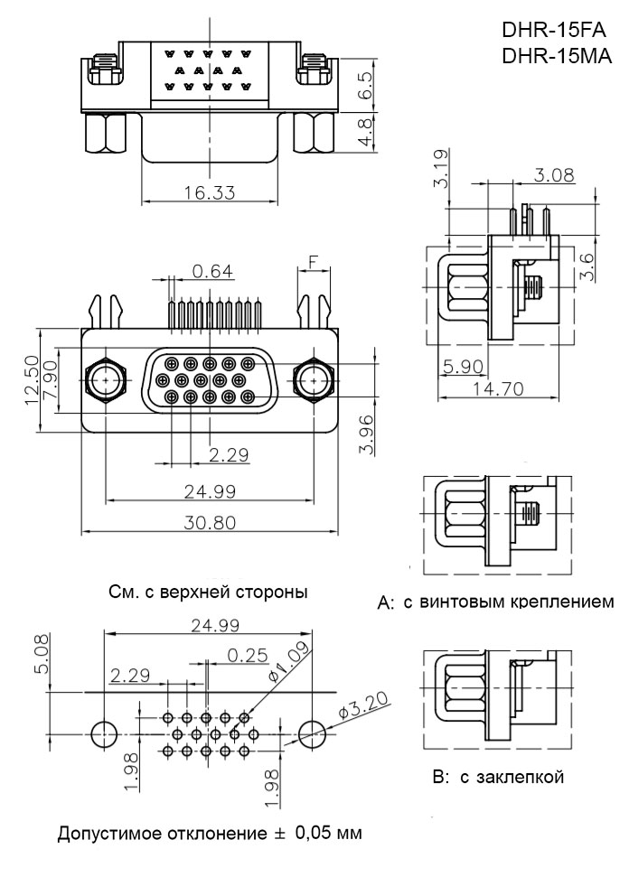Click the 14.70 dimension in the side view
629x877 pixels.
493,389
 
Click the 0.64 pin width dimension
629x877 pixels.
212,269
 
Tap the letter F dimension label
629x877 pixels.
313,262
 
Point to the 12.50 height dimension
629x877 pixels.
31,380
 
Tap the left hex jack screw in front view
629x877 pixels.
107,382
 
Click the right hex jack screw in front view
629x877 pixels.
313,382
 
